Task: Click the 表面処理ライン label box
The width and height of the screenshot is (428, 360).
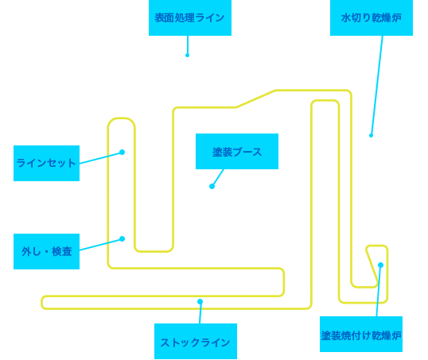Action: tap(190, 17)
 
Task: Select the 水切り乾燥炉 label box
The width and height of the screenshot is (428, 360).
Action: tap(372, 17)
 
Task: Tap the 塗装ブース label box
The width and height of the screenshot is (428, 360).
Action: tap(237, 151)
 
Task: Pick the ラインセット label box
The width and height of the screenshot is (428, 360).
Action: tap(46, 163)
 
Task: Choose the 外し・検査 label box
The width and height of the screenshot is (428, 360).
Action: tap(46, 251)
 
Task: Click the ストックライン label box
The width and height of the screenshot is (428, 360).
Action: tap(196, 341)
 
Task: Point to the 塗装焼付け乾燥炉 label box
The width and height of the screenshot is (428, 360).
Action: tap(361, 334)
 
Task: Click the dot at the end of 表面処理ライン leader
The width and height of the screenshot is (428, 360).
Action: tap(187, 56)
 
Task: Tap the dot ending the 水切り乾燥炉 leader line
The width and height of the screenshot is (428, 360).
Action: tap(371, 136)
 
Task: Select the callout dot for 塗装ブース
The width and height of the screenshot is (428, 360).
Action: tap(212, 187)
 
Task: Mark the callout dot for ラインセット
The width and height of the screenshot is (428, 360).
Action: tap(123, 152)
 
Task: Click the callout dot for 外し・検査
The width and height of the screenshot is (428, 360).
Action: tap(123, 239)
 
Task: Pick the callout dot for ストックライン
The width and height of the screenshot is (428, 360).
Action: tap(200, 301)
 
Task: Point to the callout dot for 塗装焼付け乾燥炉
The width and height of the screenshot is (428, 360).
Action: tap(380, 265)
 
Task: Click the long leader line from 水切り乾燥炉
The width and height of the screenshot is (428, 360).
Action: tap(376, 86)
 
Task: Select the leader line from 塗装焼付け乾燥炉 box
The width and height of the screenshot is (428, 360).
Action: tap(379, 291)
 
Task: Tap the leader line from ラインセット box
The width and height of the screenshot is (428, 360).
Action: tap(101, 158)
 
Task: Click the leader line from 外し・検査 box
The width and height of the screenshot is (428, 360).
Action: tap(101, 245)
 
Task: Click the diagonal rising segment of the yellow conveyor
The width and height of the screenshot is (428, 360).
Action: tap(255, 99)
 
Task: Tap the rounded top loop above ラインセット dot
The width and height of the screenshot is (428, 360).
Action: tap(122, 118)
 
